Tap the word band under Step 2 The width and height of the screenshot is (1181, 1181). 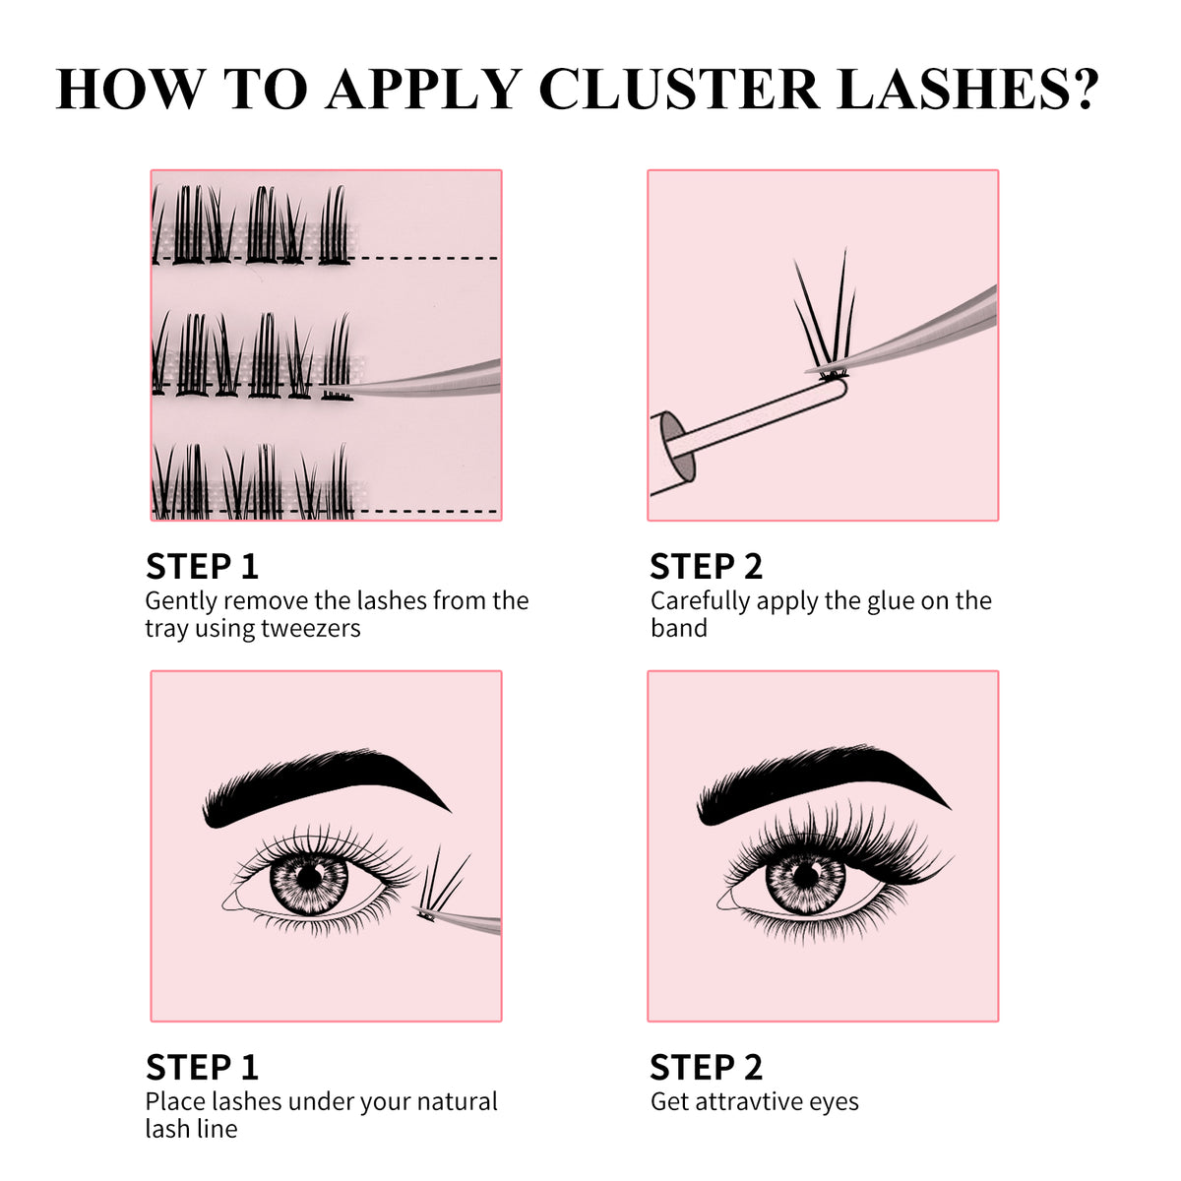pos(679,629)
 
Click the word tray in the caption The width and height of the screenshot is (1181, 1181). pos(166,630)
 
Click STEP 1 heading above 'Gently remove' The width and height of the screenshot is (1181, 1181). pos(202,567)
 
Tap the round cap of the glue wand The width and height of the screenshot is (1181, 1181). pos(671,440)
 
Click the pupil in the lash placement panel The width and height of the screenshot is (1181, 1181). pos(310,874)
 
